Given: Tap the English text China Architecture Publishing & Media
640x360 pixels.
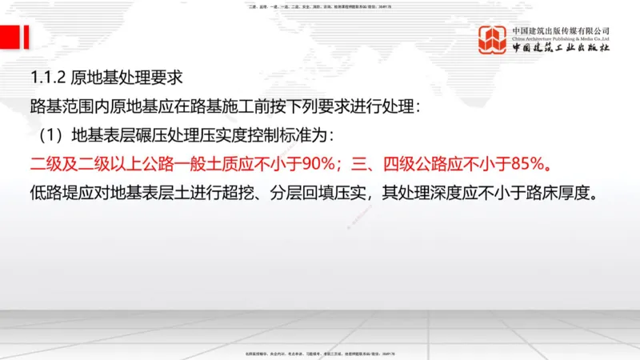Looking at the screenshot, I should tap(561, 38).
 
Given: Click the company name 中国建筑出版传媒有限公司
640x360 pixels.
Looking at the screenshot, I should tap(561, 30).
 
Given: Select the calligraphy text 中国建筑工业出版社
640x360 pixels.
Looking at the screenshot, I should tap(561, 48).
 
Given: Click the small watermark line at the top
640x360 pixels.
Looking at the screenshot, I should tap(320, 6).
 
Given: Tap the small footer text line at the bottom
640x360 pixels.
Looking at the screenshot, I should tap(320, 353).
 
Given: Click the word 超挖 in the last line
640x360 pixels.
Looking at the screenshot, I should tap(245, 193).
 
